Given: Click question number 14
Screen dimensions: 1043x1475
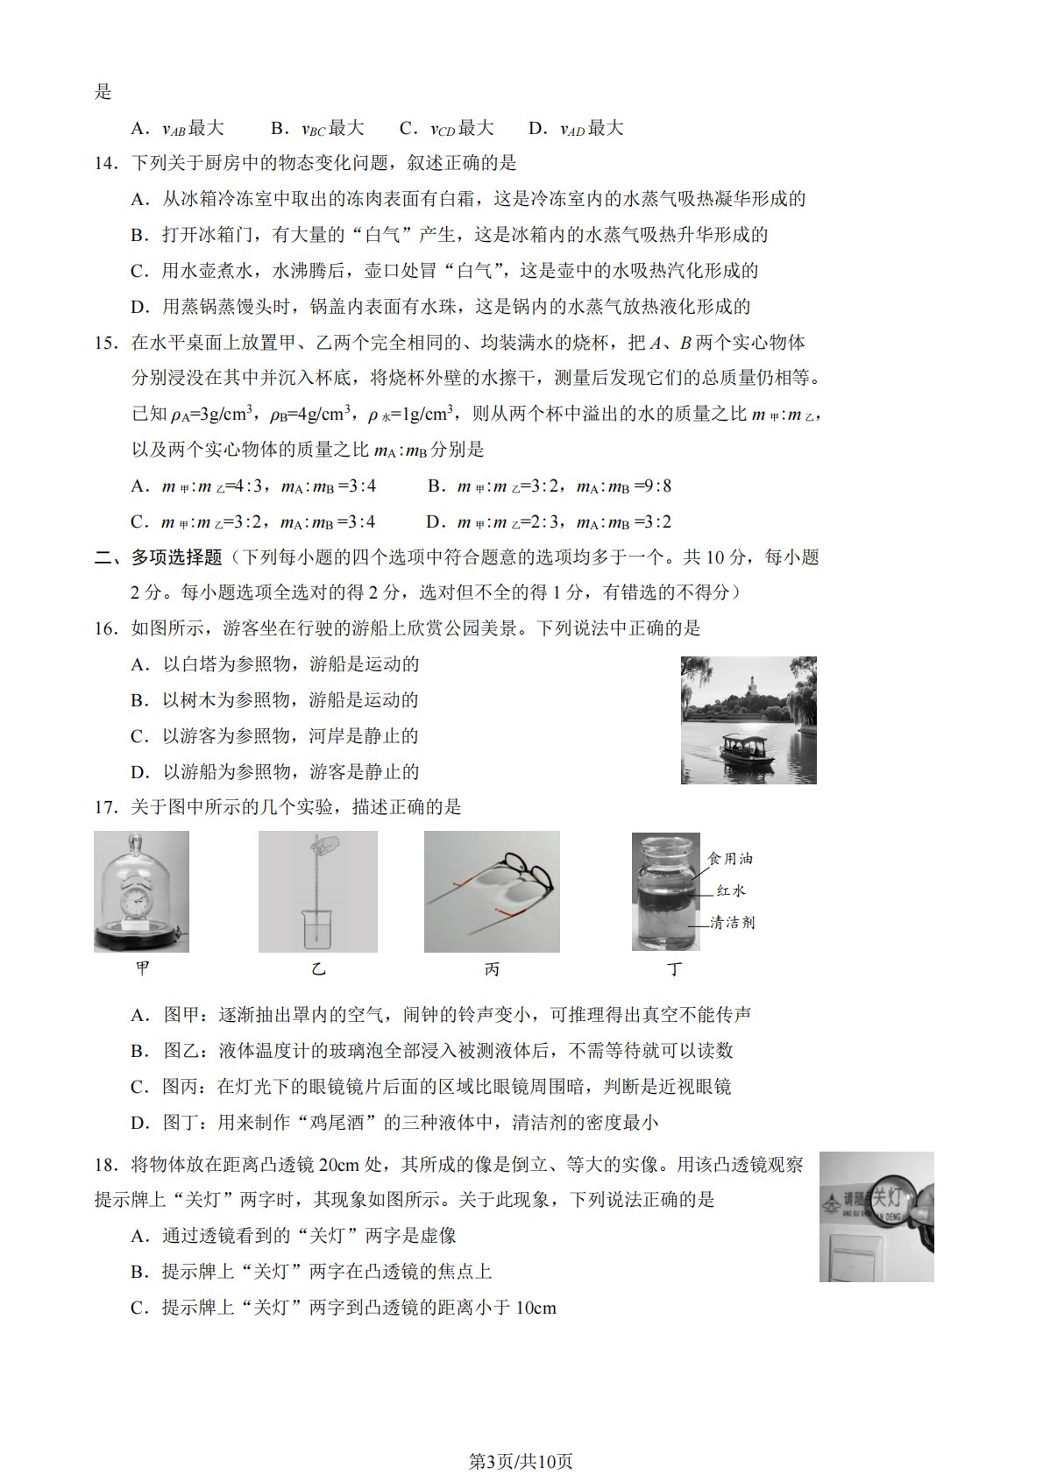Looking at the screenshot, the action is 105,163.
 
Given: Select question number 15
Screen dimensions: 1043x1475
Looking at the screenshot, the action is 105,343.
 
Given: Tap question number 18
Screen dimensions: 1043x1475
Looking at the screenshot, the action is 105,1165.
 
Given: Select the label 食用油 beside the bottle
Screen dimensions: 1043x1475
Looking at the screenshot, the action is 729,859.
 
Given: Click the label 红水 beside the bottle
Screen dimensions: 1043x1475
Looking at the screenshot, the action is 731,891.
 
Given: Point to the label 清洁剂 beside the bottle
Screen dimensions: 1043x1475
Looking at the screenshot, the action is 732,923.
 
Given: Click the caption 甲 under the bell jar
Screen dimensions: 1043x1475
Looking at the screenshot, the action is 142,968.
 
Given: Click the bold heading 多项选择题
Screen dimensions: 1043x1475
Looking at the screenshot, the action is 176,557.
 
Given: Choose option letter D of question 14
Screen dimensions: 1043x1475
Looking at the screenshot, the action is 139,307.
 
